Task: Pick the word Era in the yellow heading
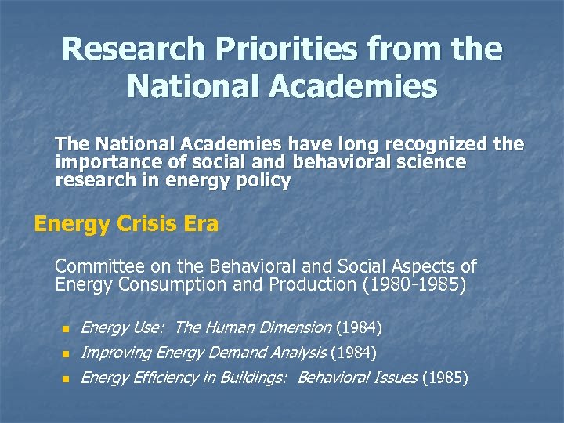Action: (x=198, y=225)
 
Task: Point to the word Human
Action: (x=236, y=327)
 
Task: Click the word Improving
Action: (x=117, y=352)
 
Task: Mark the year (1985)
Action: (x=445, y=378)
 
